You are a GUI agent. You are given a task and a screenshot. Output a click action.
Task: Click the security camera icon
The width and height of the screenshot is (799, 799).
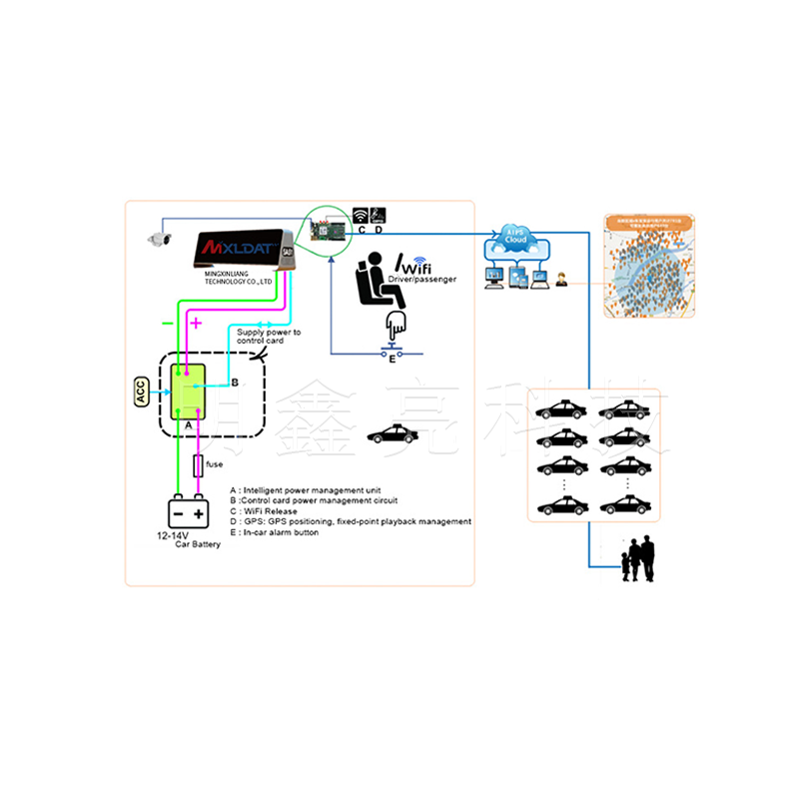click(161, 238)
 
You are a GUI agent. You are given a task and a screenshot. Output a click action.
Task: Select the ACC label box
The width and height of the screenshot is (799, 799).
click(141, 393)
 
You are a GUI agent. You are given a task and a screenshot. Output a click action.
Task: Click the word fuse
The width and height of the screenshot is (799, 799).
click(215, 464)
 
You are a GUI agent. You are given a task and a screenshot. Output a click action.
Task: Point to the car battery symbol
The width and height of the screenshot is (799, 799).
click(188, 513)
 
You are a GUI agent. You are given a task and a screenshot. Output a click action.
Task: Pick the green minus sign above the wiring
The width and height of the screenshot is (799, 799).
click(167, 324)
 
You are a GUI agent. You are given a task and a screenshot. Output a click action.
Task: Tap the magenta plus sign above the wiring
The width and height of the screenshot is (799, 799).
click(196, 323)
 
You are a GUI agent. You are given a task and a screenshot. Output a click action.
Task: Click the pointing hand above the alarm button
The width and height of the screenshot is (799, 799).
click(397, 324)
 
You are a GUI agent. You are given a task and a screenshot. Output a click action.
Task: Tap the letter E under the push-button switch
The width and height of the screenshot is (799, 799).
click(392, 360)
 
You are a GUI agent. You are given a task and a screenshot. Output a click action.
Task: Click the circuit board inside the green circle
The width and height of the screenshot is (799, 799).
click(328, 232)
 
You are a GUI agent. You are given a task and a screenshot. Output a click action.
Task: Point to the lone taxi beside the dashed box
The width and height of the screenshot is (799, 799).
click(392, 434)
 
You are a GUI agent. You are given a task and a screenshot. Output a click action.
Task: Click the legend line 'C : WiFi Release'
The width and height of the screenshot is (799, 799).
click(269, 511)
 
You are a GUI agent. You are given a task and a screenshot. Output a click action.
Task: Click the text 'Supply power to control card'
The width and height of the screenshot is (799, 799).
click(269, 337)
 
